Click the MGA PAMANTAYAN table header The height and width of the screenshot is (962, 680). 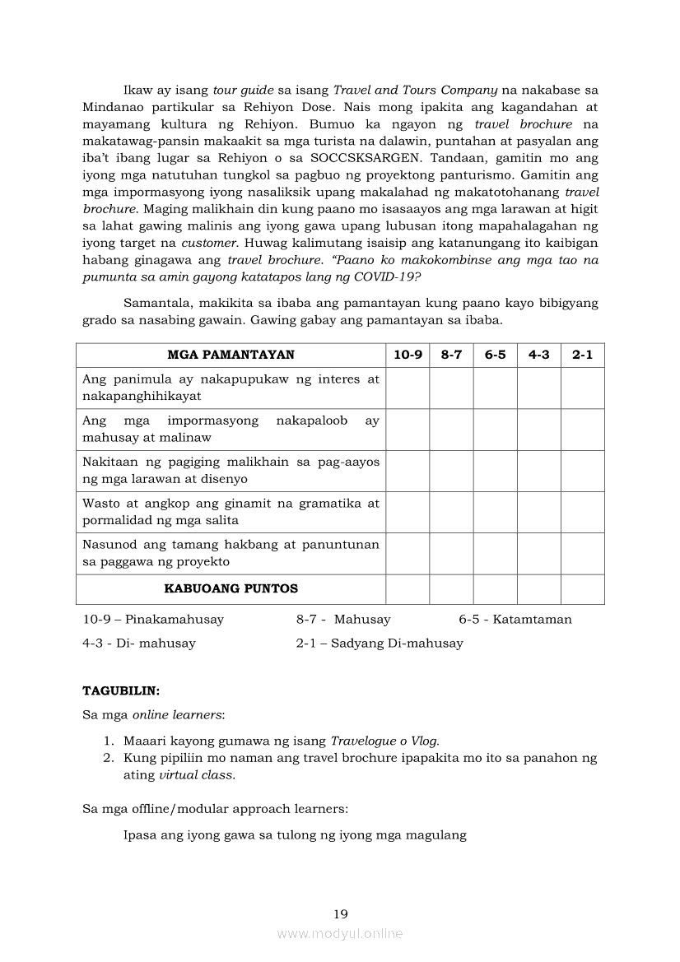(x=231, y=355)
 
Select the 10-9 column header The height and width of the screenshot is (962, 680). (x=408, y=355)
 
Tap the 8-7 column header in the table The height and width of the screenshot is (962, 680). (x=451, y=355)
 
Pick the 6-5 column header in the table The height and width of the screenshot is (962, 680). (x=495, y=355)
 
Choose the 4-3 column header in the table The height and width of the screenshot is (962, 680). (x=539, y=355)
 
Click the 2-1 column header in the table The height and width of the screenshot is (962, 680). (x=583, y=355)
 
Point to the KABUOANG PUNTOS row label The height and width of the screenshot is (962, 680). (x=231, y=588)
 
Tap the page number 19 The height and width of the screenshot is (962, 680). (x=340, y=913)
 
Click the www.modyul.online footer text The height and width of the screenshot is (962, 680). (x=340, y=933)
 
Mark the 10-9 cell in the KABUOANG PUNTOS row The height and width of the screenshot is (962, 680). (x=408, y=589)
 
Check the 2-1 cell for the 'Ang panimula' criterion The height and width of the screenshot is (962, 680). (x=583, y=388)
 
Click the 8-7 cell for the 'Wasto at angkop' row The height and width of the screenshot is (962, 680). (x=451, y=512)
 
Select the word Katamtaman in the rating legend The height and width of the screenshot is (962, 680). (x=532, y=619)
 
